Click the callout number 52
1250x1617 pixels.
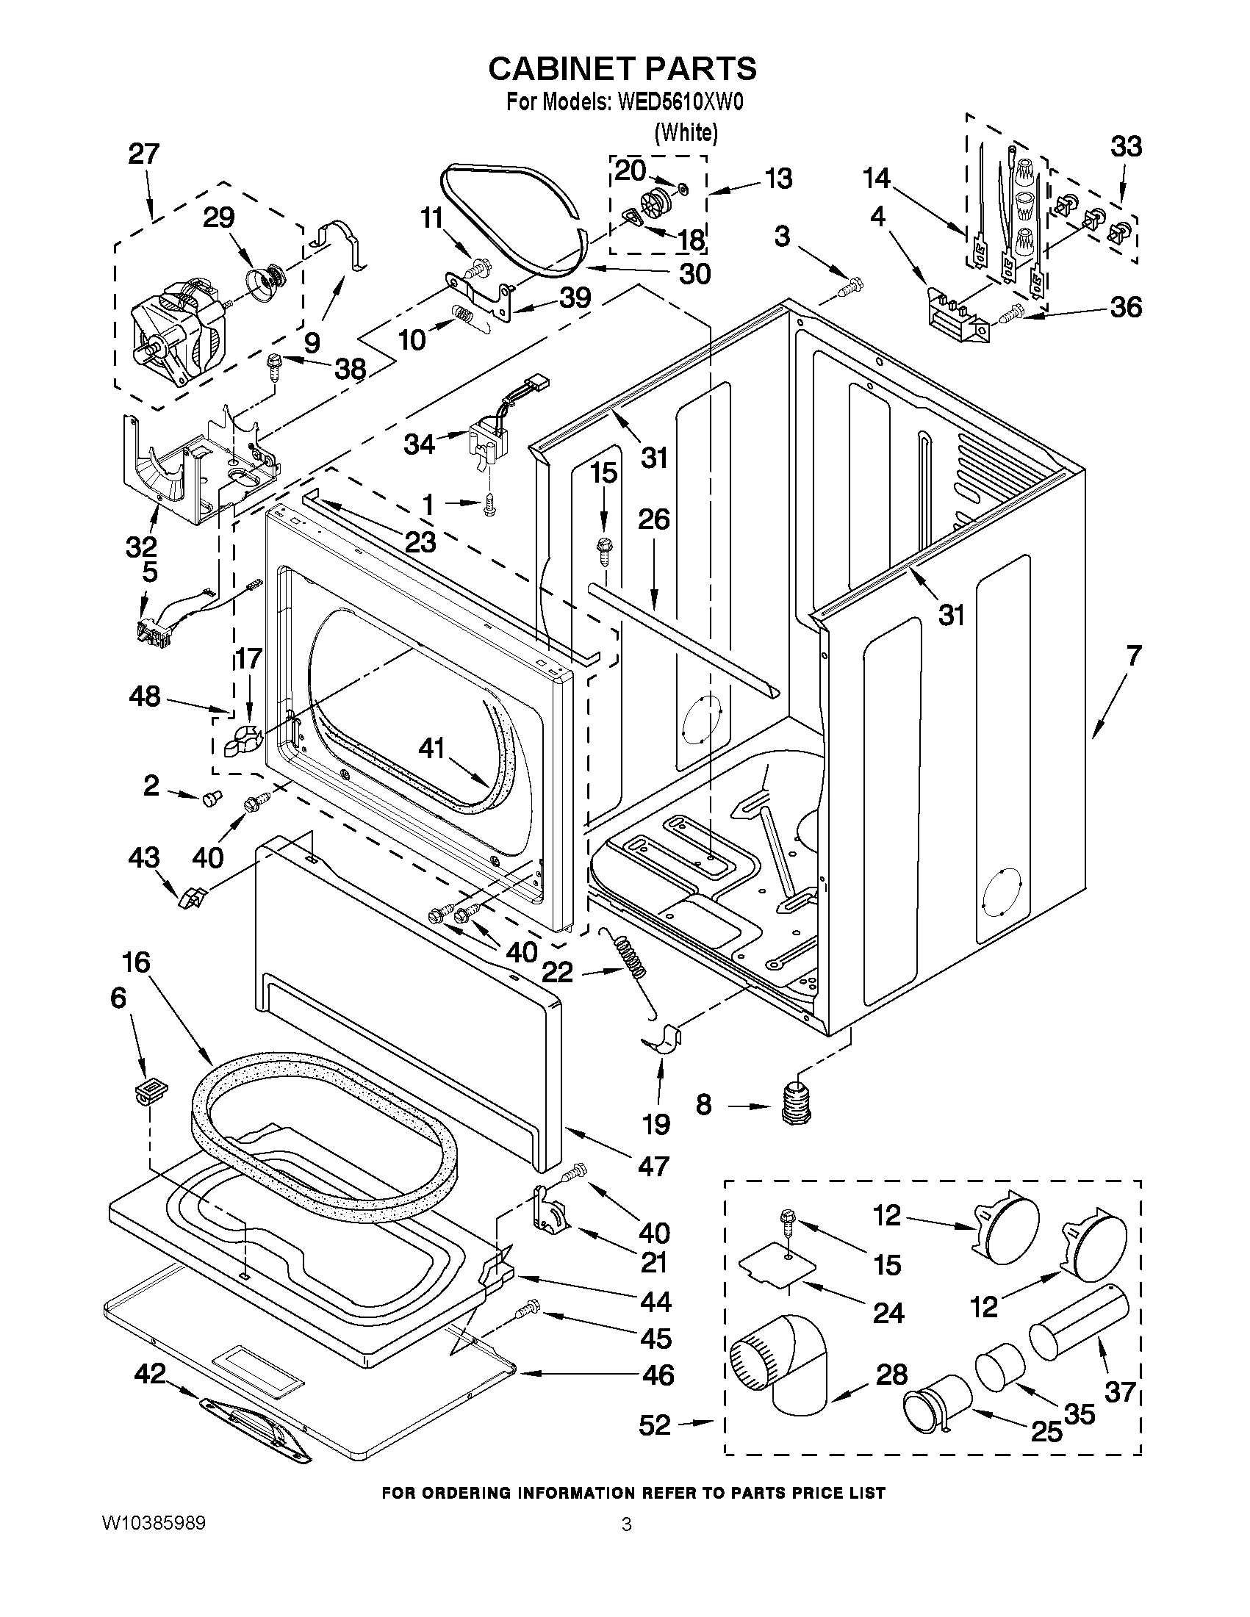click(654, 1425)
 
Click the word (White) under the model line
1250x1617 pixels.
click(686, 132)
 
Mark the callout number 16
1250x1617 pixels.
click(136, 962)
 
